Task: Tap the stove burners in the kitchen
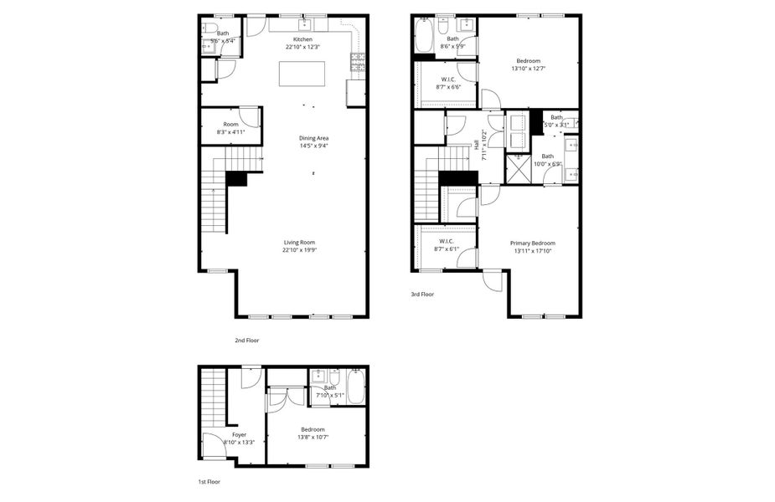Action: (x=358, y=61)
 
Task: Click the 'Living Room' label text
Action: (x=299, y=242)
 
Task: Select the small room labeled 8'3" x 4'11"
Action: (x=230, y=127)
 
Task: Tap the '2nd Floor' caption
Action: (x=247, y=341)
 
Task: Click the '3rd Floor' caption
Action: (x=422, y=294)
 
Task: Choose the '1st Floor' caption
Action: (x=209, y=482)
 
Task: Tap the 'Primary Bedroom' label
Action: (x=533, y=243)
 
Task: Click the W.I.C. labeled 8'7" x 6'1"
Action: (x=445, y=243)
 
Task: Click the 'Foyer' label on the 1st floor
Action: (x=239, y=435)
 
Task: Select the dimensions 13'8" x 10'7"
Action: (x=313, y=436)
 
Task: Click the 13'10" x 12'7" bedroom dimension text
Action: (x=528, y=68)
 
